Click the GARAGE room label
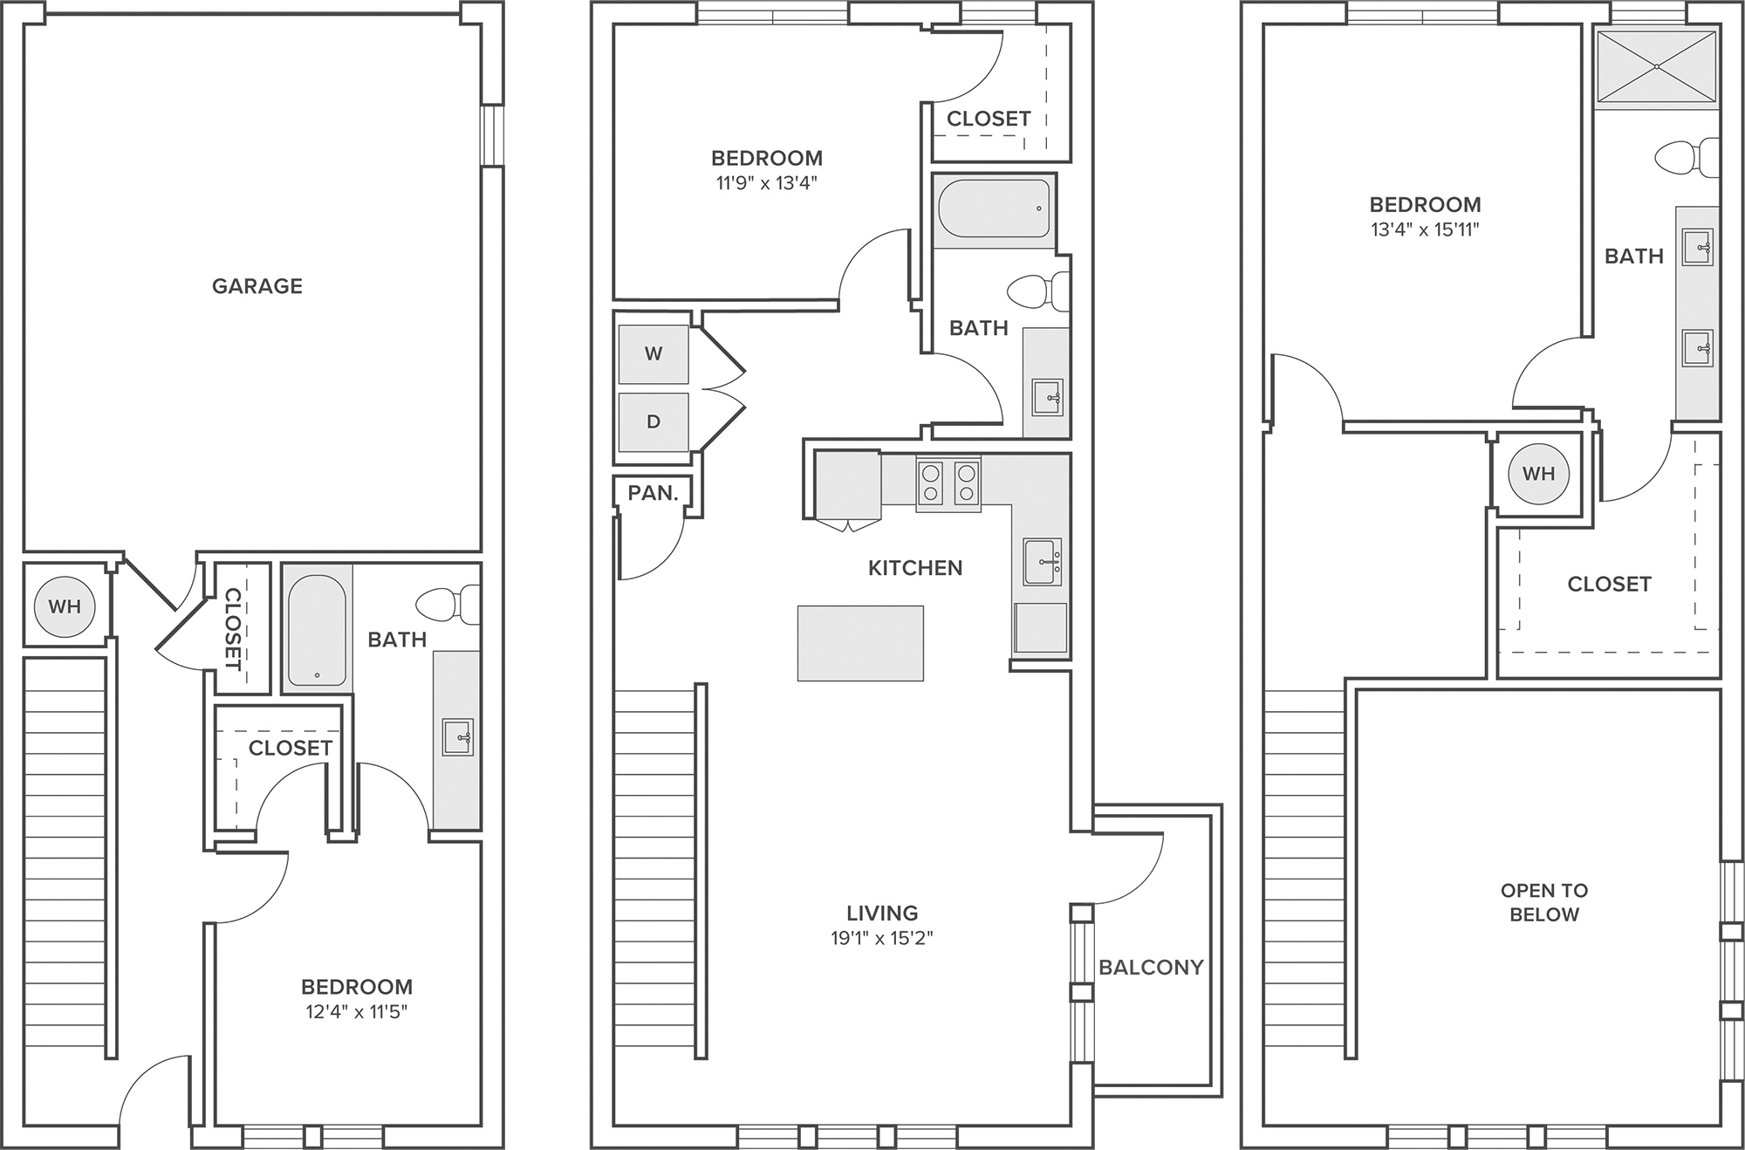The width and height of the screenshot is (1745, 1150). (257, 286)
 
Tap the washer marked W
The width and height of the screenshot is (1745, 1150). (654, 353)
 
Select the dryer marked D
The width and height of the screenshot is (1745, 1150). (654, 421)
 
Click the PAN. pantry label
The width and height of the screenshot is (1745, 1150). (653, 493)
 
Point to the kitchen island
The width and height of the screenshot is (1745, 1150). (860, 643)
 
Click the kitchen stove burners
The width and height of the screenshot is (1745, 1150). (948, 483)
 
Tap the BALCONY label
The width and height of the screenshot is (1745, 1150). (1151, 967)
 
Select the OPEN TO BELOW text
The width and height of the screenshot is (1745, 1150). (1544, 902)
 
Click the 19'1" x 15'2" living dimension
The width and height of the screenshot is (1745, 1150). (882, 939)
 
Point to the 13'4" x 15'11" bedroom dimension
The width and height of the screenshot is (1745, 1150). (1425, 230)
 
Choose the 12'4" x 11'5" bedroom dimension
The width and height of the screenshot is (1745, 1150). (356, 1012)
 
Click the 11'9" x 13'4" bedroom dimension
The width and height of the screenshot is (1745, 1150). (766, 183)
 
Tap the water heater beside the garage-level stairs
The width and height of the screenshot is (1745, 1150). (65, 606)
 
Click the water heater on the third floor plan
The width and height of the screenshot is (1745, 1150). (1538, 474)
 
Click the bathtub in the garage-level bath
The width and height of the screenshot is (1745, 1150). (317, 629)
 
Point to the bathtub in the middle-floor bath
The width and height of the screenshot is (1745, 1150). (994, 209)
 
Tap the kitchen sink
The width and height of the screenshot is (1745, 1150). (1043, 562)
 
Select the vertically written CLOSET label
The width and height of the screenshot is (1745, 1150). (233, 628)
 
